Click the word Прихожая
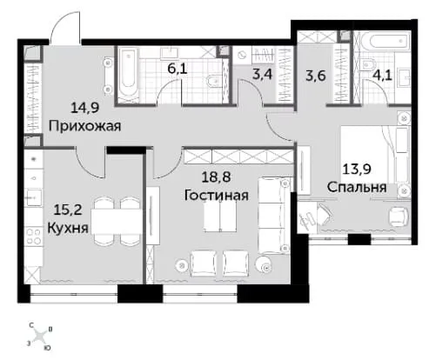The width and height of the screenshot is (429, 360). (84, 126)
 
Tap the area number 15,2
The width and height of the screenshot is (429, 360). (68, 210)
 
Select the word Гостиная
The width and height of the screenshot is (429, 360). (217, 195)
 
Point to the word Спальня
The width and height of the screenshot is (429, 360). (357, 187)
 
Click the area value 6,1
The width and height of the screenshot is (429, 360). (178, 69)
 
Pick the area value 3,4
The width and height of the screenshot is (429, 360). (262, 74)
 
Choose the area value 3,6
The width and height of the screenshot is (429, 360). (316, 76)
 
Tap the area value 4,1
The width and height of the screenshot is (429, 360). (383, 76)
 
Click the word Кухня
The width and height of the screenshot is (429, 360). (68, 228)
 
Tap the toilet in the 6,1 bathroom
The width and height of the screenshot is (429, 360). (214, 82)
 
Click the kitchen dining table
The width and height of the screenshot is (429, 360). (117, 221)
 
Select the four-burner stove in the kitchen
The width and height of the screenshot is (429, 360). (33, 237)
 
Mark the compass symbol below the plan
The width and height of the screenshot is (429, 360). (39, 337)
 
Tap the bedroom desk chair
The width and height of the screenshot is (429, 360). (399, 217)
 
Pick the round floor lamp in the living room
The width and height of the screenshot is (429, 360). (265, 264)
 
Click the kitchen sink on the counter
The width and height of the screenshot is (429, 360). (34, 197)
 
